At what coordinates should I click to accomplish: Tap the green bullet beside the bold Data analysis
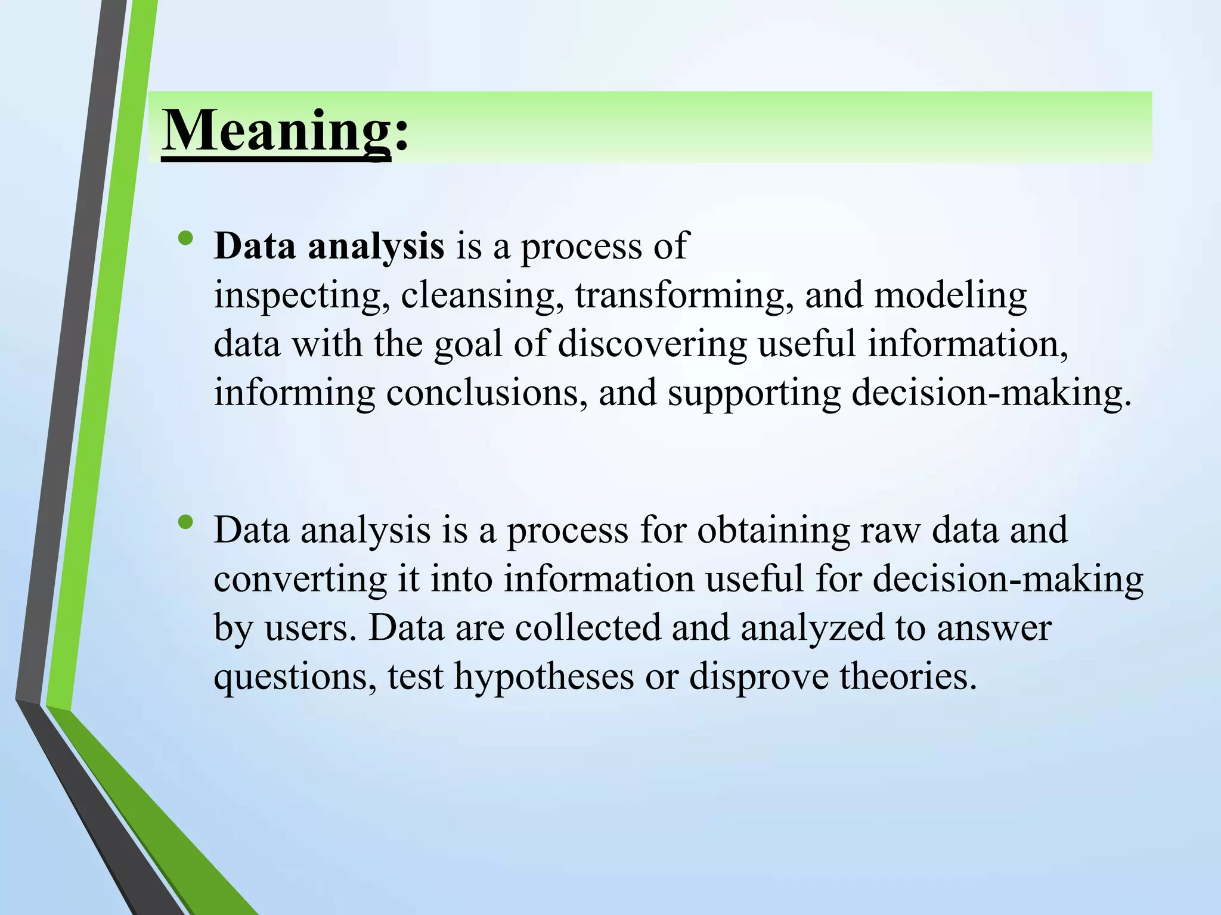click(x=185, y=238)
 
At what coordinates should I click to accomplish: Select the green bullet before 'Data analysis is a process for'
click(x=185, y=522)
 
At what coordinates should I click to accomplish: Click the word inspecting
click(x=297, y=296)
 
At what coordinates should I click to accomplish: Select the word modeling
click(x=950, y=296)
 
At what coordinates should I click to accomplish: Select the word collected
click(x=588, y=628)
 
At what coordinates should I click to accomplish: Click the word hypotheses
click(x=544, y=678)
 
